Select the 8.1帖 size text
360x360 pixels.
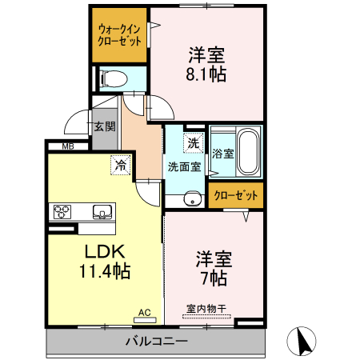coord(206,75)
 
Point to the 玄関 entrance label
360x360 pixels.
coord(104,126)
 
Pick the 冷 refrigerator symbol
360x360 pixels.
coord(120,166)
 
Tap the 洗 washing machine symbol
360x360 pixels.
coord(194,143)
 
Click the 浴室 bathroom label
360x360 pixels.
coord(222,152)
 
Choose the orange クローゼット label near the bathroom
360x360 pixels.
coord(237,195)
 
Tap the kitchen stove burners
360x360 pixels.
coord(63,212)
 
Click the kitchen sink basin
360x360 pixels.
coord(102,212)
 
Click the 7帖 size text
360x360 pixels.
coord(214,278)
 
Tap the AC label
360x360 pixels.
coord(144,312)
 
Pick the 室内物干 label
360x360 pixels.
coord(206,308)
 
